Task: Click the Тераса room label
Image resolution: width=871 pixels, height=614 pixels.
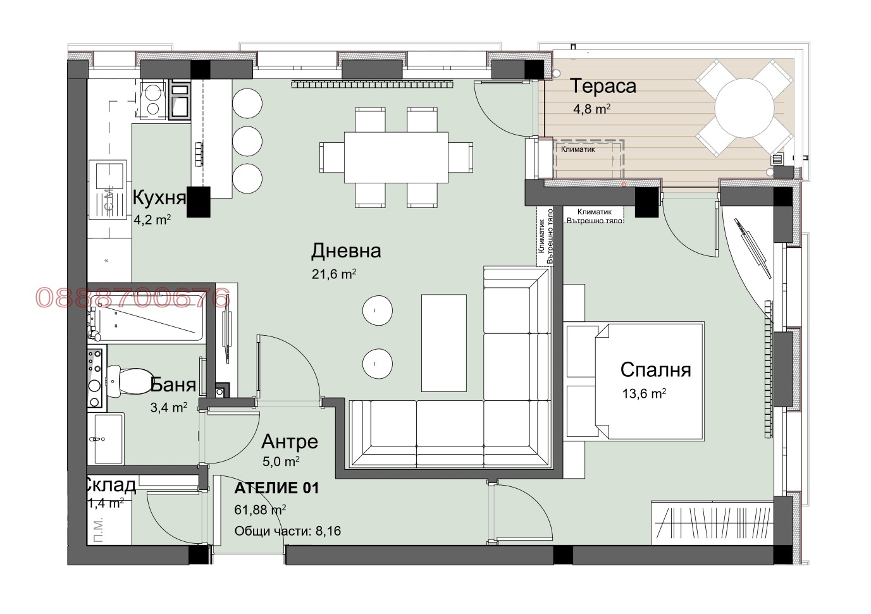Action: point(603,86)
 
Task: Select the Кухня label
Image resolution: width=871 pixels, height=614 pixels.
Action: point(159,198)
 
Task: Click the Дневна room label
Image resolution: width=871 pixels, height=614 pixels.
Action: point(346,251)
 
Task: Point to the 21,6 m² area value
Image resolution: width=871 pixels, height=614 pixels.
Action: point(333,274)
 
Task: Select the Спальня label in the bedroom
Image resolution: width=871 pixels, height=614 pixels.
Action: point(655,369)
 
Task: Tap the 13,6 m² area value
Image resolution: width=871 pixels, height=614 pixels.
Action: point(644,394)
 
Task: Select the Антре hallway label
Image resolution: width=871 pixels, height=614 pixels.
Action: point(289,441)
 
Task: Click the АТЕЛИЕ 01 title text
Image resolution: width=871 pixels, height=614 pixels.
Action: point(276,488)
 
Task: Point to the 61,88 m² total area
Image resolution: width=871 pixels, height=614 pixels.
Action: point(260,510)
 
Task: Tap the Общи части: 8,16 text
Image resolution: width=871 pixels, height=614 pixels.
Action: point(287,531)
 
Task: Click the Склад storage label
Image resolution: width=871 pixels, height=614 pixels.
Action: point(109,485)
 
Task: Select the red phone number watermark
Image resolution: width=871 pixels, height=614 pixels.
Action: point(132,298)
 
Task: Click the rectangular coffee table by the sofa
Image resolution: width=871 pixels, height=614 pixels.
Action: point(444,342)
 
